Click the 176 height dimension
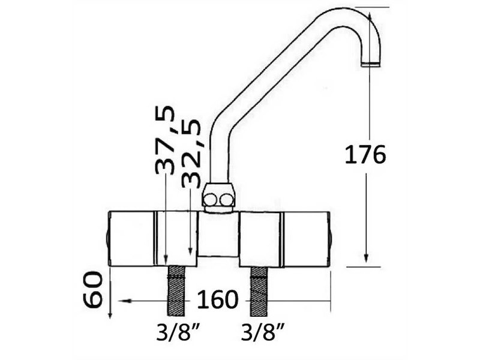pyautogui.click(x=365, y=155)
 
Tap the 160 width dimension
pyautogui.click(x=217, y=299)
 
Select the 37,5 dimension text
pyautogui.click(x=165, y=139)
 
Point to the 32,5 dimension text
pyautogui.click(x=191, y=153)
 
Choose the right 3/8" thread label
pyautogui.click(x=262, y=332)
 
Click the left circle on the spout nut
pyautogui.click(x=211, y=200)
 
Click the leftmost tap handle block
pyautogui.click(x=131, y=238)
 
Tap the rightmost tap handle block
pyautogui.click(x=305, y=238)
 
